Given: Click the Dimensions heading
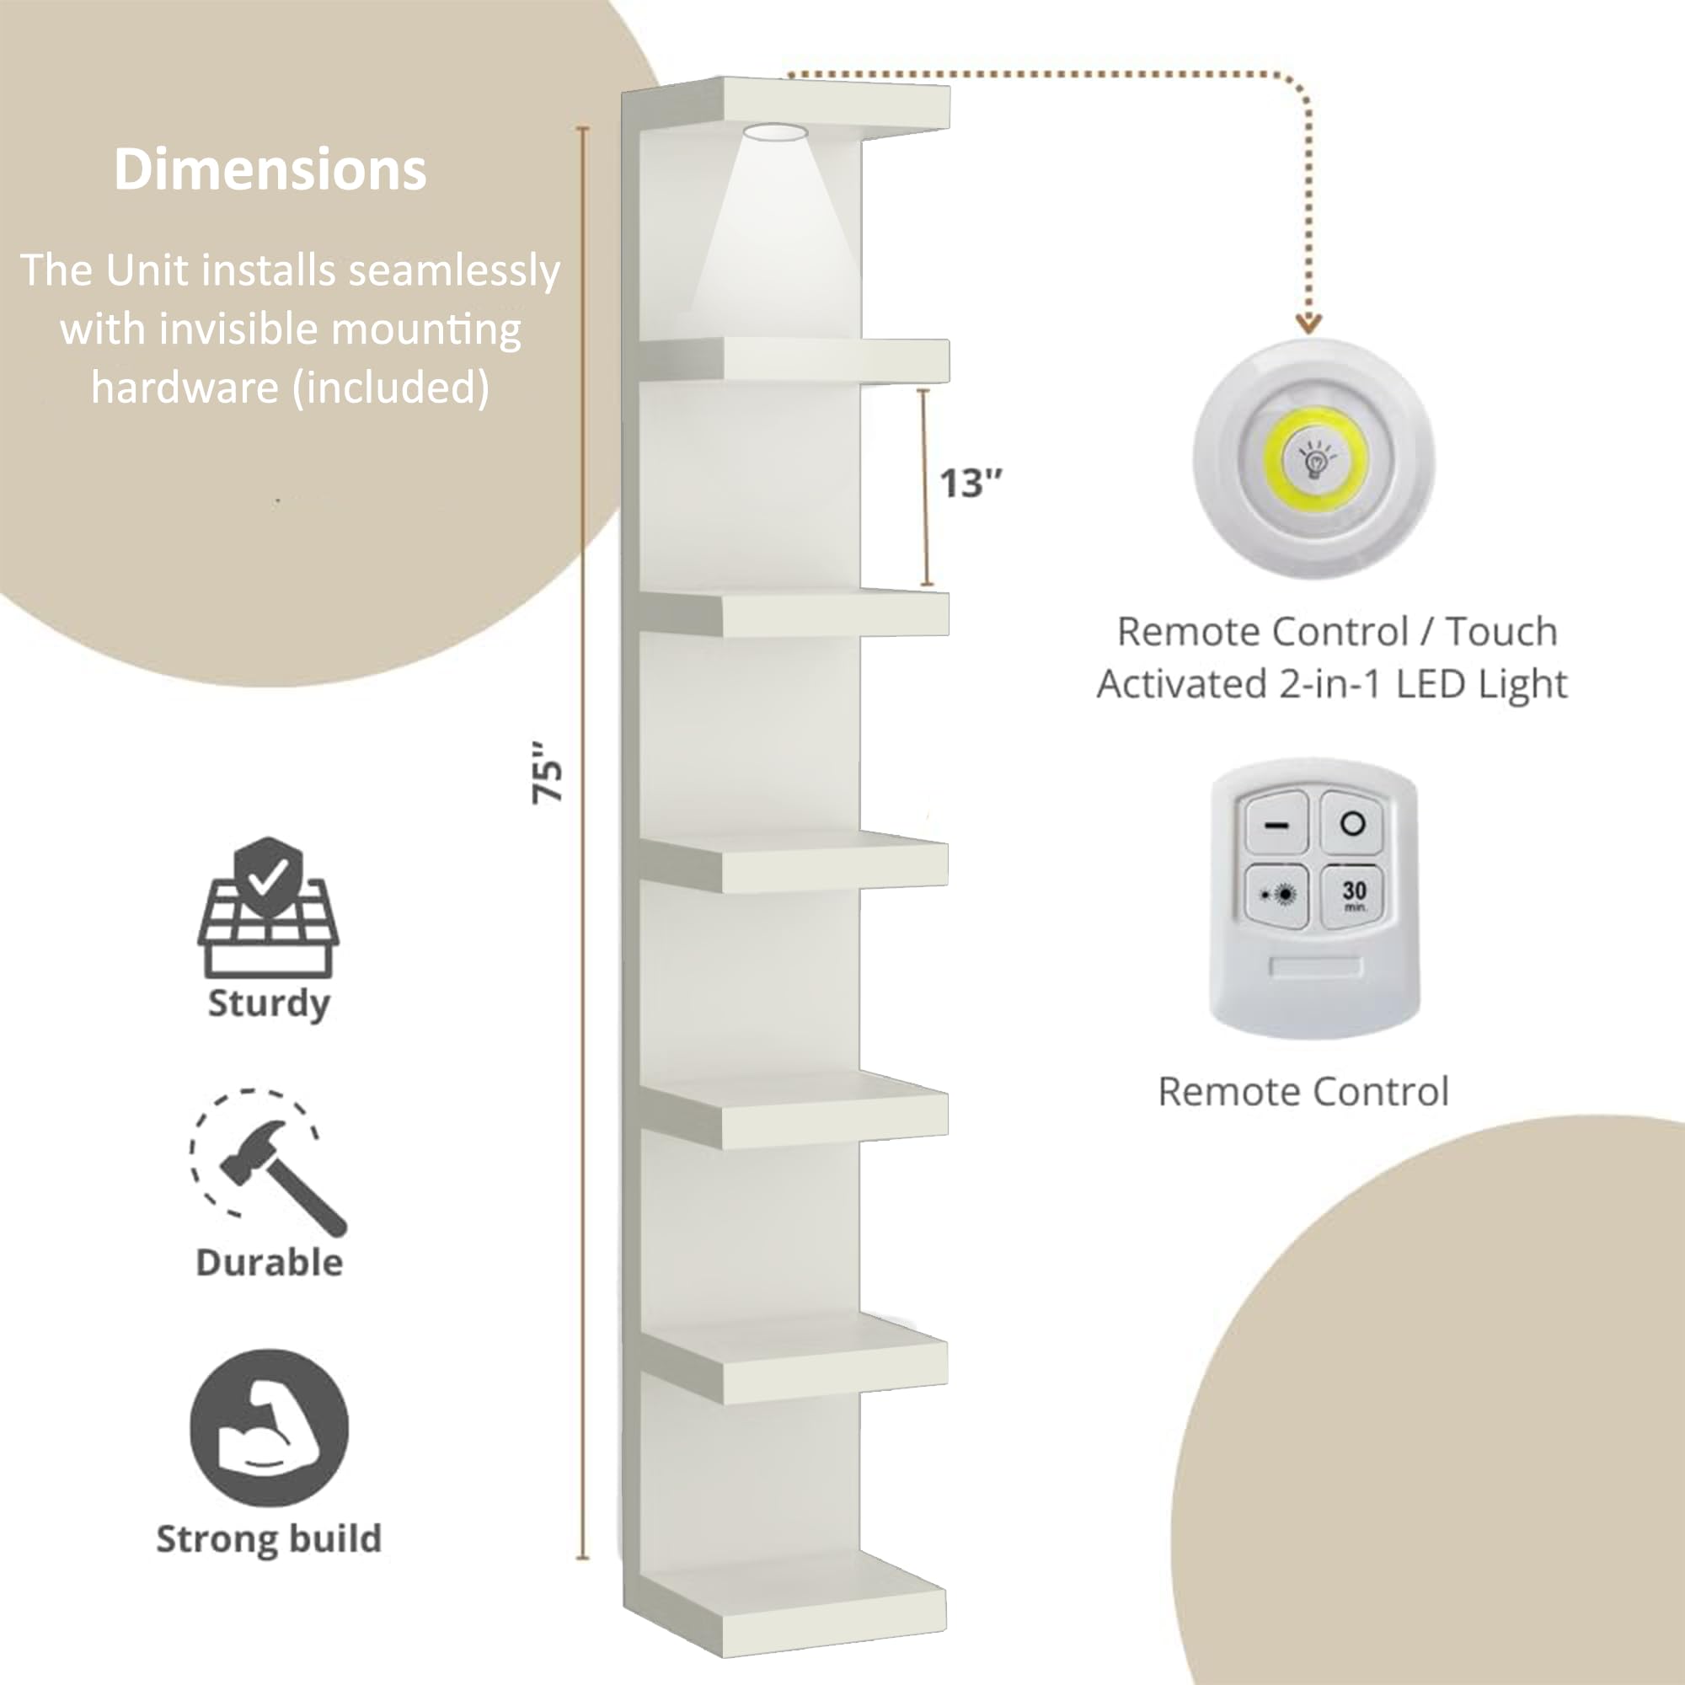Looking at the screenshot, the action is click(x=270, y=169).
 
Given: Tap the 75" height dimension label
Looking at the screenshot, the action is click(x=548, y=773).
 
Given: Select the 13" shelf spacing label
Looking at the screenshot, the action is click(x=971, y=483).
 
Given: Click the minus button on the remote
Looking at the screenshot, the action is click(x=1277, y=823).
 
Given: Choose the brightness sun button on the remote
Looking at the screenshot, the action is click(x=1277, y=895).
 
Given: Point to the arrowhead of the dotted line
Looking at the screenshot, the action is click(x=1308, y=323).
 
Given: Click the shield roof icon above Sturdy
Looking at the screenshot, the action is click(x=269, y=907).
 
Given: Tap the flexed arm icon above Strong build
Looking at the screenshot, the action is click(x=269, y=1428).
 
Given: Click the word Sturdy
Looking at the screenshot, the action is click(x=269, y=1004).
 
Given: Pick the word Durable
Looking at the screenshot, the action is click(x=269, y=1262).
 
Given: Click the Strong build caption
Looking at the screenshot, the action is click(x=269, y=1538).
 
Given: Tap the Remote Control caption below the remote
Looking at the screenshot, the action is click(x=1303, y=1091).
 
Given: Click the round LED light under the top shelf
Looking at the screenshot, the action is click(x=774, y=132).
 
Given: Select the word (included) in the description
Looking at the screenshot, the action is click(x=390, y=388).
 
